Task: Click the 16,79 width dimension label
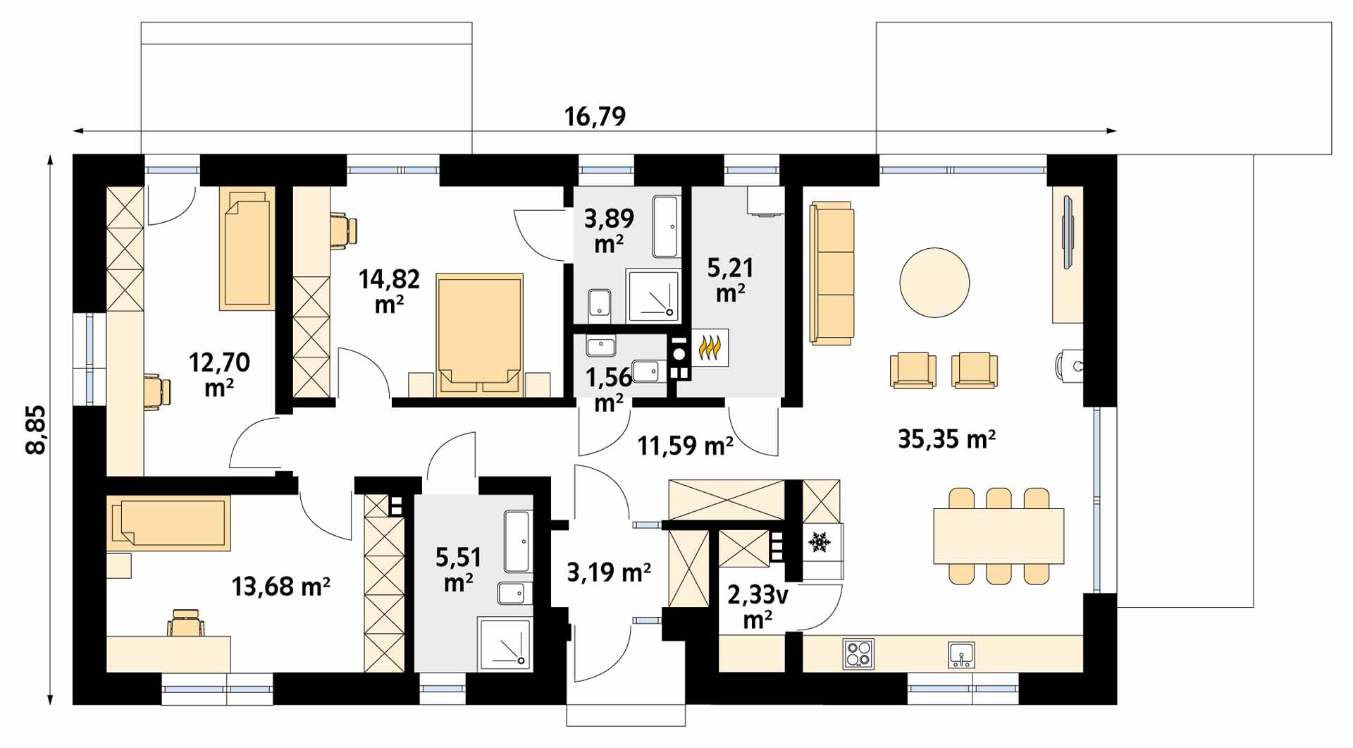pyautogui.click(x=595, y=116)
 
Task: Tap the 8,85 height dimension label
pyautogui.click(x=35, y=429)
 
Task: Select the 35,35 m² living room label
pyautogui.click(x=946, y=439)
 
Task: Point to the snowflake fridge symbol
pyautogui.click(x=818, y=542)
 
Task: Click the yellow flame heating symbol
pyautogui.click(x=710, y=348)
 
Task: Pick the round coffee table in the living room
pyautogui.click(x=934, y=283)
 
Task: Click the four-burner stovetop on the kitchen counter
pyautogui.click(x=859, y=654)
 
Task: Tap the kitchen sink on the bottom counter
pyautogui.click(x=961, y=654)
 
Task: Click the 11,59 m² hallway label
pyautogui.click(x=686, y=445)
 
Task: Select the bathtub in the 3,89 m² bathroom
pyautogui.click(x=667, y=227)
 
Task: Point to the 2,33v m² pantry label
pyautogui.click(x=758, y=607)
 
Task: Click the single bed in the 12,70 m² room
pyautogui.click(x=247, y=248)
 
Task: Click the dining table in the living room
pyautogui.click(x=999, y=536)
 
